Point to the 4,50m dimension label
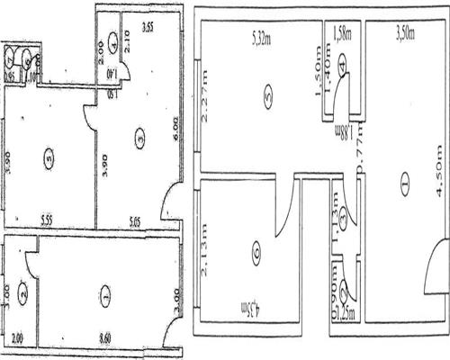(438, 186)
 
